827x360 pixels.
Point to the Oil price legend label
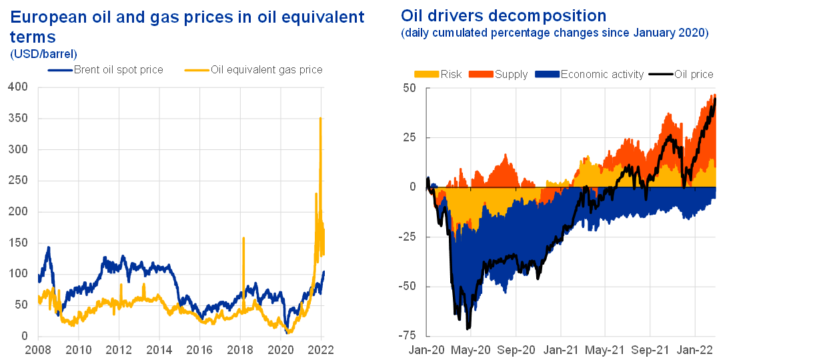(x=694, y=74)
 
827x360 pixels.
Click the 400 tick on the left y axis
(x=18, y=87)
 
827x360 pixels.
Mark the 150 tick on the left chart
(x=18, y=243)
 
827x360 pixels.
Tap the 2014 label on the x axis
(x=159, y=348)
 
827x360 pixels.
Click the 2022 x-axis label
(x=321, y=348)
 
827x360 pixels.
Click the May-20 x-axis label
(x=471, y=349)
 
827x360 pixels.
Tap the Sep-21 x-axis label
(x=650, y=349)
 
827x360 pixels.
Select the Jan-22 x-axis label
(x=695, y=349)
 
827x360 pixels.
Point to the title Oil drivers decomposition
(x=504, y=16)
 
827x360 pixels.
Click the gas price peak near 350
(x=321, y=119)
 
